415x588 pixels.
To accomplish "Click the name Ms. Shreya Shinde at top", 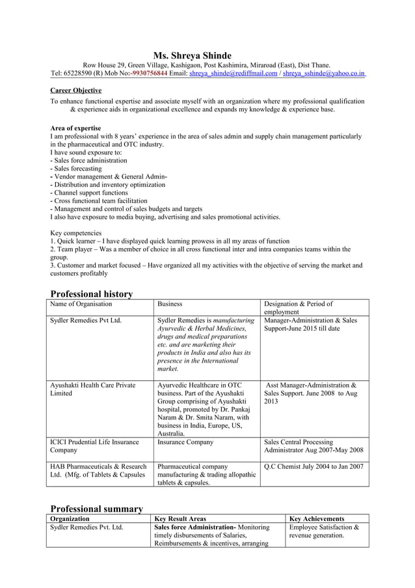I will [192, 55].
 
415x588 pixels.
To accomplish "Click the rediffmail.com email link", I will [233, 74].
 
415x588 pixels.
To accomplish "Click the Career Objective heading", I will [75, 90].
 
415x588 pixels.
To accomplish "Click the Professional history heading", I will [92, 294].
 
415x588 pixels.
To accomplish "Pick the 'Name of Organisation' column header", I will [81, 304].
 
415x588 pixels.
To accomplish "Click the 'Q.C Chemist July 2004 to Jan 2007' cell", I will [314, 466].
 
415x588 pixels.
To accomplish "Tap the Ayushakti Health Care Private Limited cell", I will [92, 389].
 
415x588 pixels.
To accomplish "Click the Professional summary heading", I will [96, 508].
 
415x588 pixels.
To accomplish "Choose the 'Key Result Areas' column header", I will [180, 518].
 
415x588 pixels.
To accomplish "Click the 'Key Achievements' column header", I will [317, 518].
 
